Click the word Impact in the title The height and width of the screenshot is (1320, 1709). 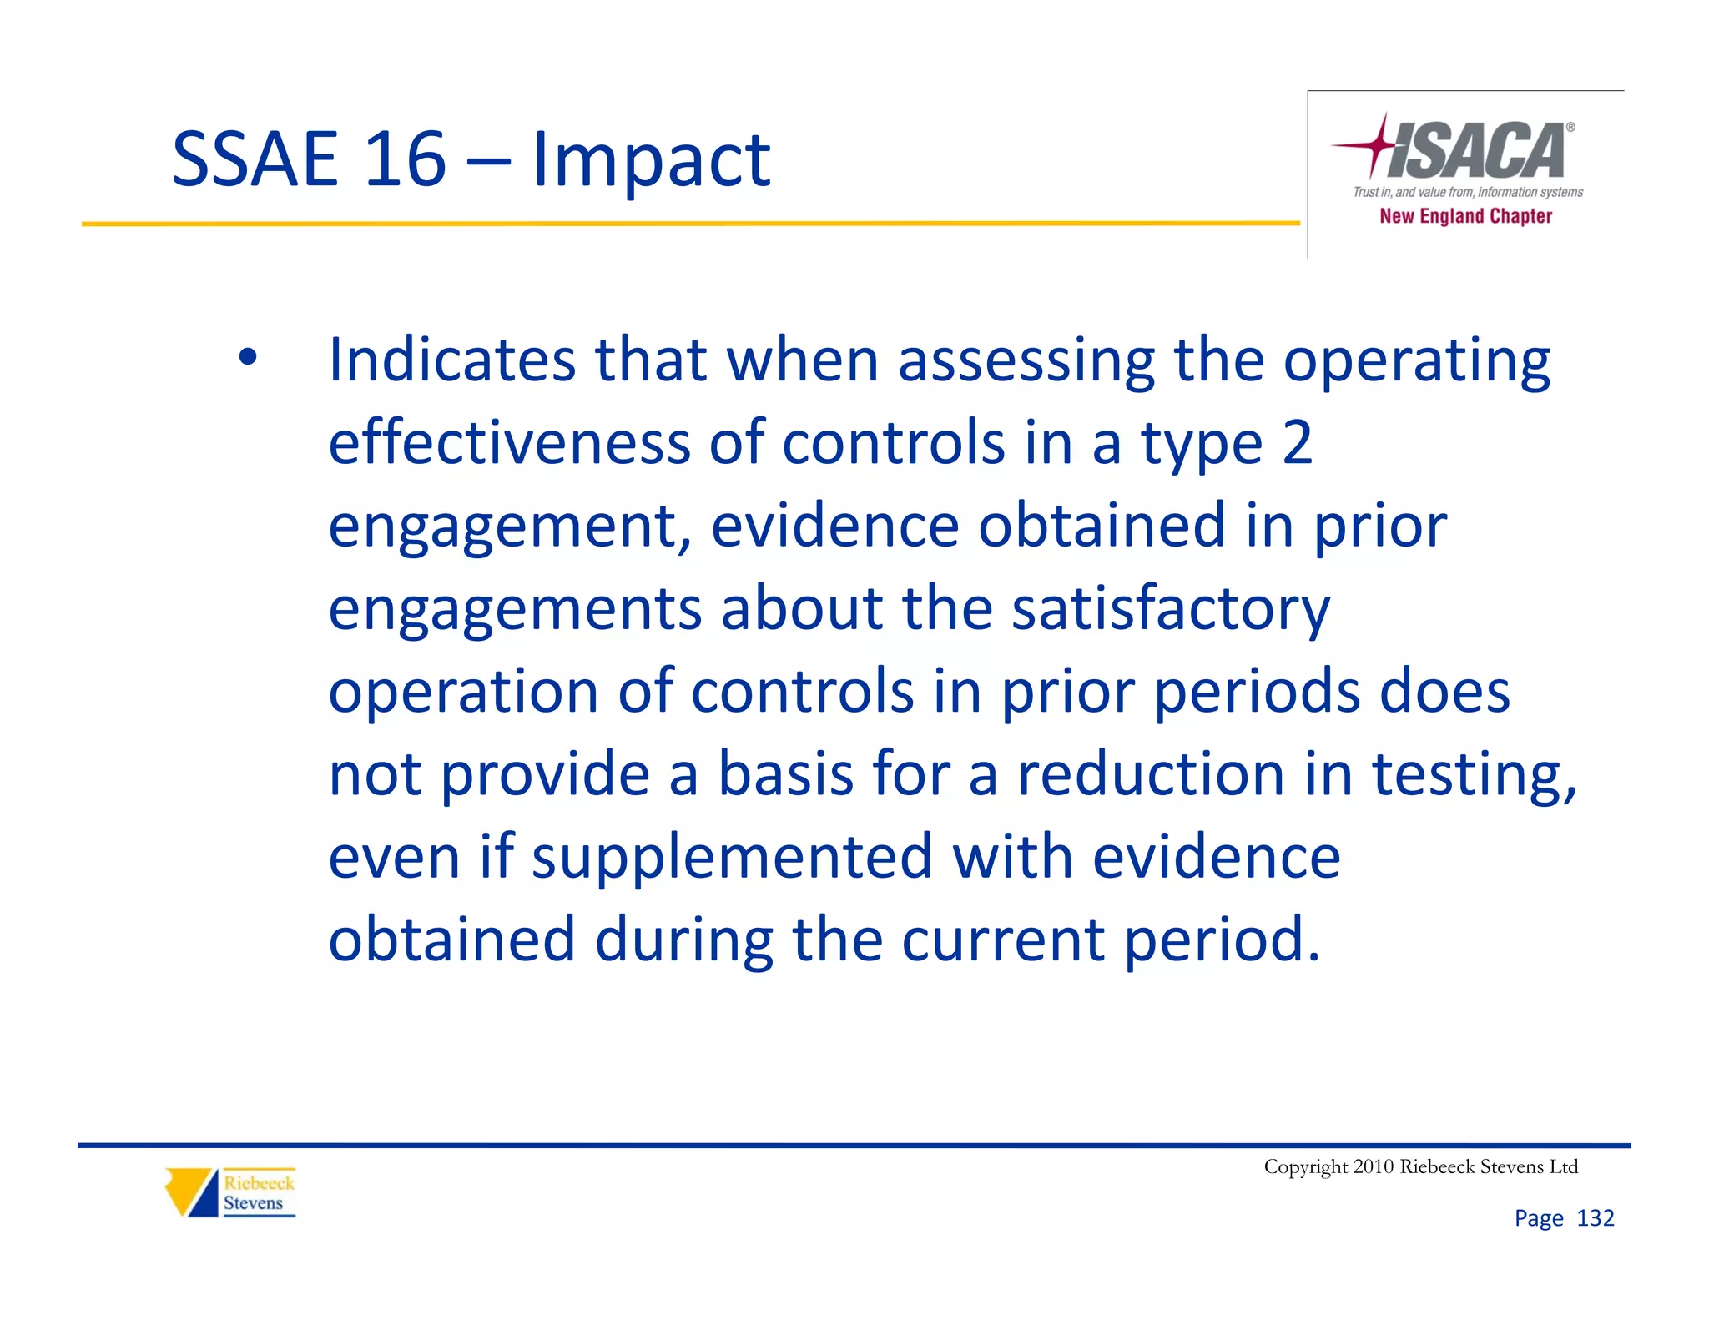(651, 160)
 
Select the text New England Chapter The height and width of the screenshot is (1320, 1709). (1465, 216)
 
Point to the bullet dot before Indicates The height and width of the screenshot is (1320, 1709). (247, 357)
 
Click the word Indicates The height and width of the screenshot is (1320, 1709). (452, 360)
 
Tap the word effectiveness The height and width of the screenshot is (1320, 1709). (509, 443)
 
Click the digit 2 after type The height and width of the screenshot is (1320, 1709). (1297, 443)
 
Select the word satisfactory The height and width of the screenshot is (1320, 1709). (1171, 608)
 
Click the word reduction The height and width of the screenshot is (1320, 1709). (1151, 773)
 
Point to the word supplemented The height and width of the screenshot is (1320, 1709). (732, 857)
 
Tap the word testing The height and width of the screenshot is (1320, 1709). (1474, 775)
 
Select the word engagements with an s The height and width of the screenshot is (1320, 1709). (515, 610)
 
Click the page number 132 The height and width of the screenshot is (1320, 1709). (1595, 1218)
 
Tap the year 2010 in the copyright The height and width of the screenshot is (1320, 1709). (1374, 1166)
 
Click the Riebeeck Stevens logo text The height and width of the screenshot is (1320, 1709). (258, 1193)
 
